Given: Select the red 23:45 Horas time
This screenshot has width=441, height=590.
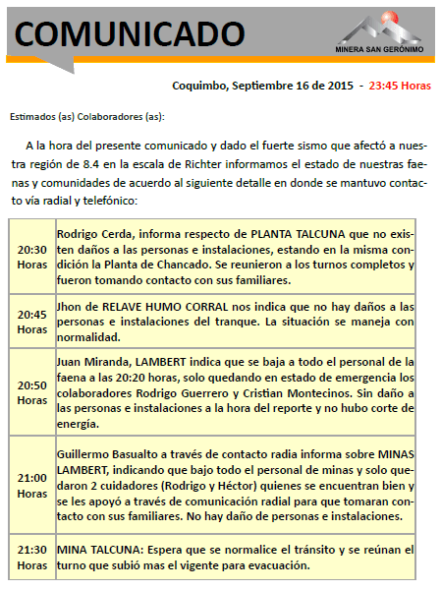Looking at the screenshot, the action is pos(400,85).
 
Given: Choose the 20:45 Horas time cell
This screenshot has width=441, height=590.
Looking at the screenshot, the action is pos(31,322).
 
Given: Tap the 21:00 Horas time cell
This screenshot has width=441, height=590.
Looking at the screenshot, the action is pos(31,486).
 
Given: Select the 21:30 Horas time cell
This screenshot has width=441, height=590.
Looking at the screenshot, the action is pos(31,558).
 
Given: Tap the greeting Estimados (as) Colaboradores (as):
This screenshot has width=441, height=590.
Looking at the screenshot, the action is pos(86,117).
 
